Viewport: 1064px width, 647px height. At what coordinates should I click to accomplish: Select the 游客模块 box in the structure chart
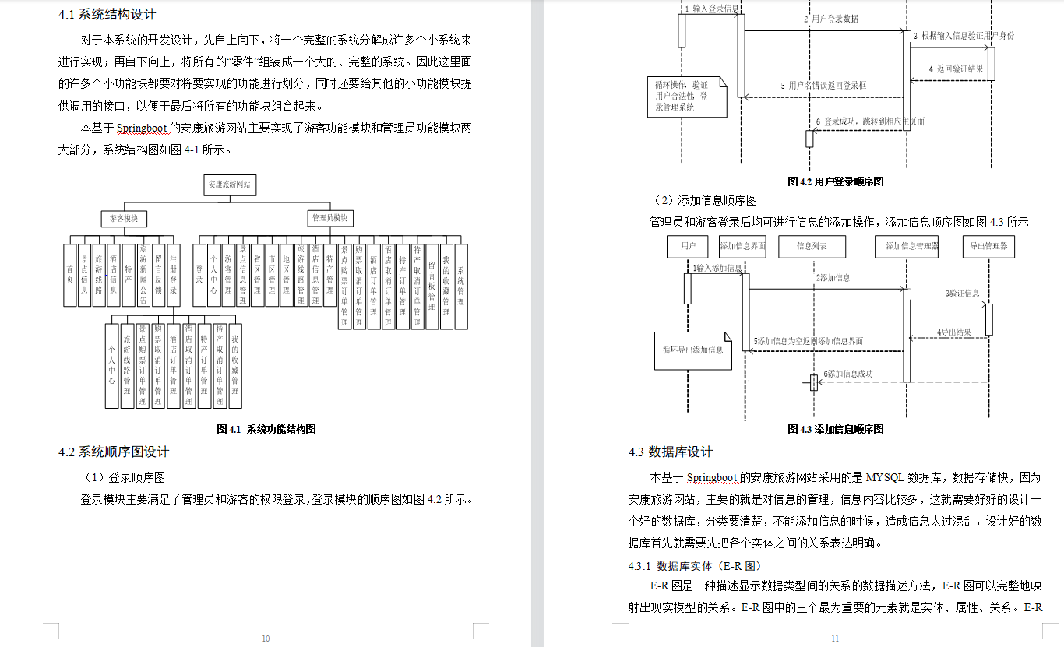pos(125,218)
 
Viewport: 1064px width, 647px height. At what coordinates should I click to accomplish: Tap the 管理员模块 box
pos(330,218)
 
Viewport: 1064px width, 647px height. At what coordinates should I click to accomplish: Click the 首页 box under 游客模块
pos(70,275)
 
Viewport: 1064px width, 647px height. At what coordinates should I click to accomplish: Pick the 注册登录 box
pos(174,275)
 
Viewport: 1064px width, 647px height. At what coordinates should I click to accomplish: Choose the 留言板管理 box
pos(432,286)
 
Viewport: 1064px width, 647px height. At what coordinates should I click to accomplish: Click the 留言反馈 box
pos(159,275)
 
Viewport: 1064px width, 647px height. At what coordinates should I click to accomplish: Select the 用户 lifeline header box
pos(688,247)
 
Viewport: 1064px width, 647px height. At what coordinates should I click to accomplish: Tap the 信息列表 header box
pos(812,247)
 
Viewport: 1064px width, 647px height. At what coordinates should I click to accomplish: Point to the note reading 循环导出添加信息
pos(692,350)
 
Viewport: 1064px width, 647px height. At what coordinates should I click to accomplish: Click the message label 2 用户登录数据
pos(831,19)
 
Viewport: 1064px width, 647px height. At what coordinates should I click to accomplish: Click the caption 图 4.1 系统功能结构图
pos(266,429)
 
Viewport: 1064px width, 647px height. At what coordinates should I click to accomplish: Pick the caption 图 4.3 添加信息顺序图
pos(836,429)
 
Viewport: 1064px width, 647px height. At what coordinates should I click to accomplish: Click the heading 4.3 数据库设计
pos(671,452)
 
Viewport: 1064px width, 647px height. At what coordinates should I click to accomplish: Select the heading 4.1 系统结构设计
pos(107,14)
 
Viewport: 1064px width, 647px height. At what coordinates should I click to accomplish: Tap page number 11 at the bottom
pos(835,638)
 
